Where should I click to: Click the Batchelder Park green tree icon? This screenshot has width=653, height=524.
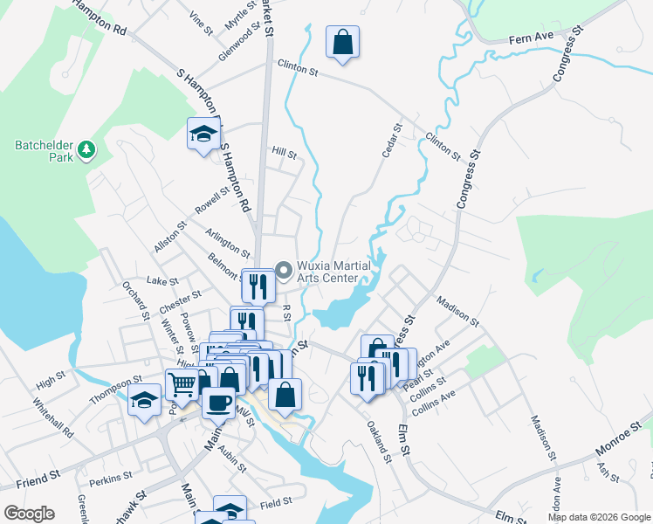(x=86, y=150)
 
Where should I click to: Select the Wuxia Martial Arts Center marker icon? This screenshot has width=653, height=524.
(x=283, y=269)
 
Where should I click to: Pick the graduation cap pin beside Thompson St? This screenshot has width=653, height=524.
(x=144, y=402)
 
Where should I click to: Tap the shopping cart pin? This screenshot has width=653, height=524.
(x=182, y=383)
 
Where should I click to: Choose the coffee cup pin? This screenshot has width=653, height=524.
(x=218, y=403)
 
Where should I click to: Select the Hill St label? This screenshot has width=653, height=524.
(x=285, y=152)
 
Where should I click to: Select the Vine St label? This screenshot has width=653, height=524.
(x=202, y=24)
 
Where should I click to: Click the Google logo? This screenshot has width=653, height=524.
(x=29, y=513)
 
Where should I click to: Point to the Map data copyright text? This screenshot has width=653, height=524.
(x=599, y=517)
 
